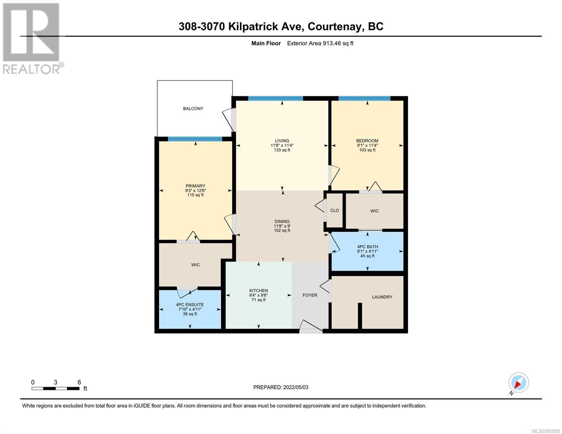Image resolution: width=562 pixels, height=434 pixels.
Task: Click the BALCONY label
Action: point(193,109)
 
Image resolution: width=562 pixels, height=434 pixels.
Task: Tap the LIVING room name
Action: point(282,141)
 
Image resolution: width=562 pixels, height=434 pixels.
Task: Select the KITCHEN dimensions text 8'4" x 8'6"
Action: point(258,295)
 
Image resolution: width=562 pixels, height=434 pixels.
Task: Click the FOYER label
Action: point(309,295)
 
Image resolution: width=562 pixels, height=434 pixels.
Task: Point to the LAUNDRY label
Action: point(382,297)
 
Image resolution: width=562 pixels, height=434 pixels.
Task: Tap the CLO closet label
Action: point(334,210)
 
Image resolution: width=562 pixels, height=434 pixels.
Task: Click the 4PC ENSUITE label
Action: point(190,305)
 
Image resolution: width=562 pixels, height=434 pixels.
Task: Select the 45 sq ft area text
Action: point(367,256)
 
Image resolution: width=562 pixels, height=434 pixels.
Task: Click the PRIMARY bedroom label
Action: point(195,186)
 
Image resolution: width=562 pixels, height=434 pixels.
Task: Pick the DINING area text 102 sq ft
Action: point(282,230)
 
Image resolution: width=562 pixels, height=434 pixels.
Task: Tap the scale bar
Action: point(55,388)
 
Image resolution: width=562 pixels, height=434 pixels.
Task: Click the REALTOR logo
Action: point(32,39)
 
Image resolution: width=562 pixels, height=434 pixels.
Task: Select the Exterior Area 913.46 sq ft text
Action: point(320,43)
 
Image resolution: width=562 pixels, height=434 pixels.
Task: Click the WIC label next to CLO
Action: point(374,211)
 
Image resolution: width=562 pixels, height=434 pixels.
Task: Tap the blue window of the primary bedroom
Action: point(195,139)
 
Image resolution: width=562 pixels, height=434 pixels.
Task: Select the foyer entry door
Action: point(311,326)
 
